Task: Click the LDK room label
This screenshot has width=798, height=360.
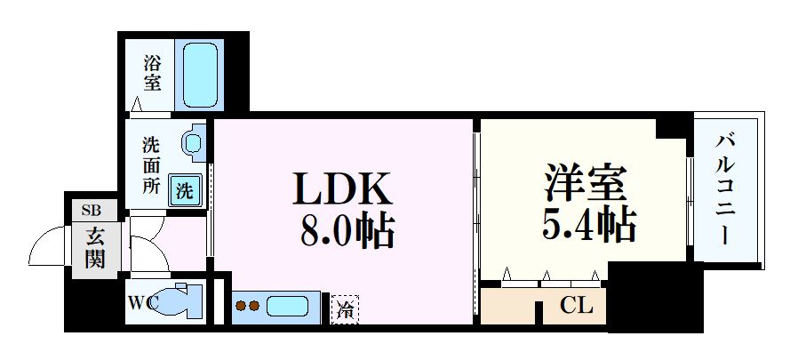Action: point(341,189)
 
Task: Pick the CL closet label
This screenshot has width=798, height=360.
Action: point(576,308)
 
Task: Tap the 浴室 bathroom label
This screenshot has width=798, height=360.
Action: point(153,76)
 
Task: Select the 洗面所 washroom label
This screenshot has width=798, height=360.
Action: point(153,164)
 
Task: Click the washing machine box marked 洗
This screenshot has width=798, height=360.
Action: point(185,189)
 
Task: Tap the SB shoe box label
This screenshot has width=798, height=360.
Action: point(92,210)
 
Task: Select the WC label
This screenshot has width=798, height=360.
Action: point(141,301)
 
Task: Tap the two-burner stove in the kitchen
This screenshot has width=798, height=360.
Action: point(247,308)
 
